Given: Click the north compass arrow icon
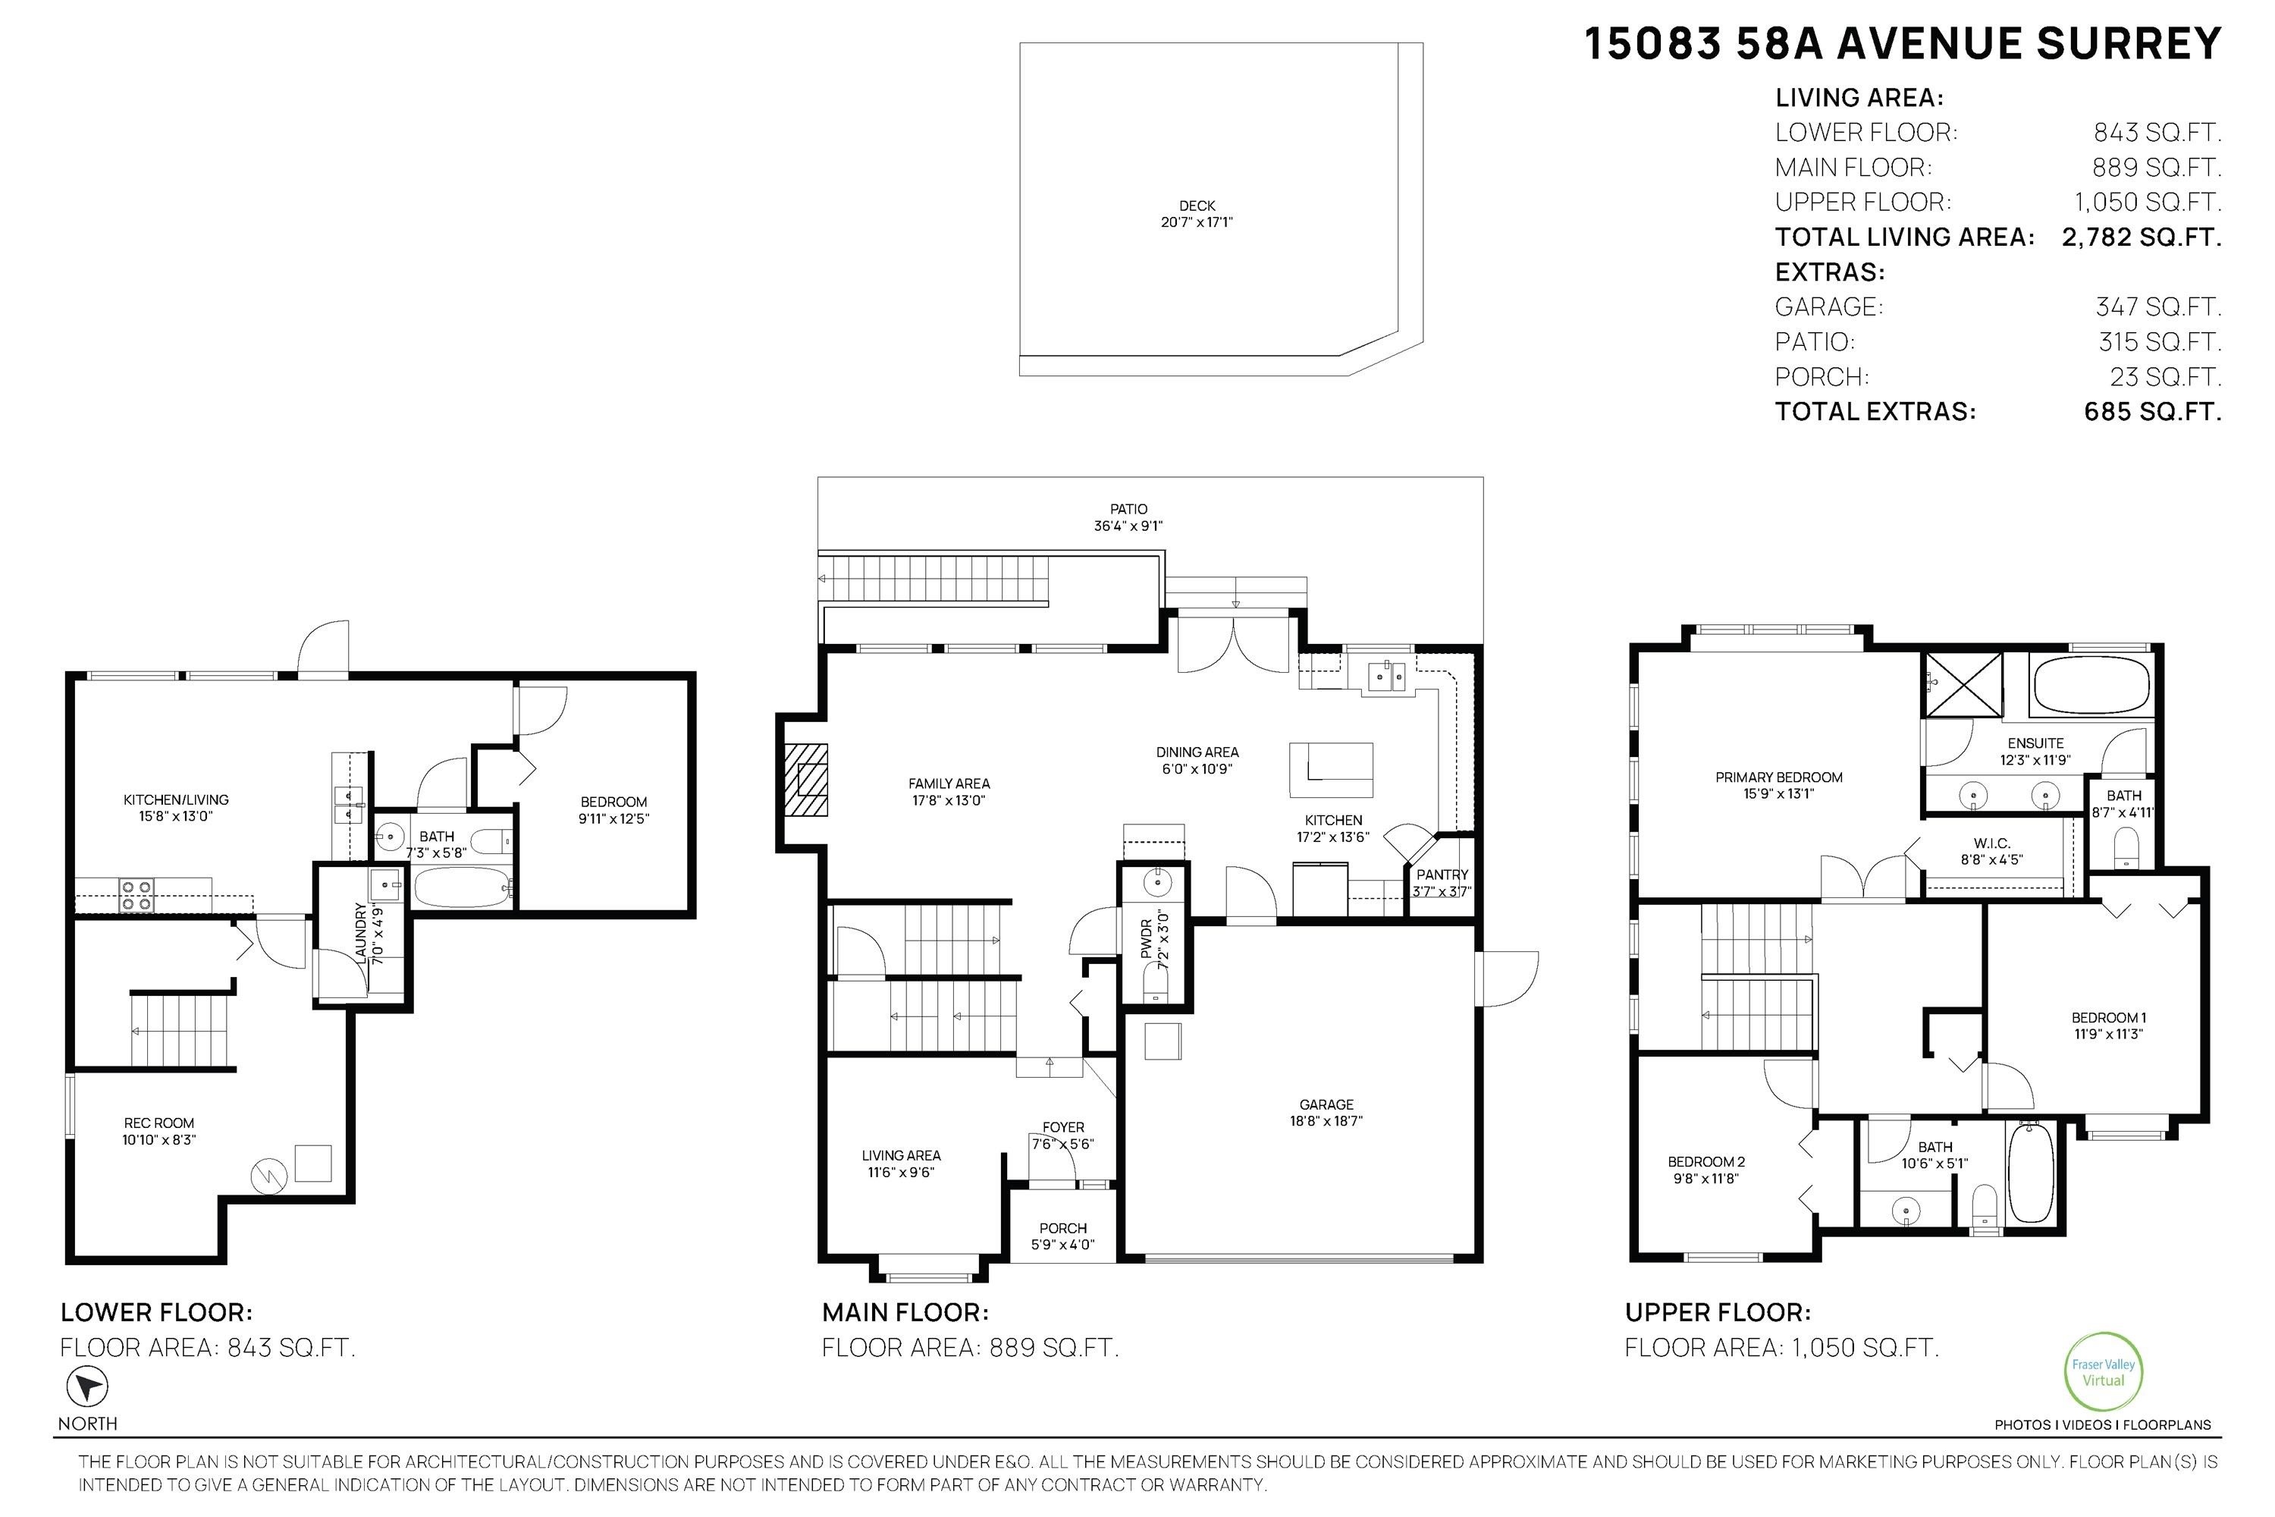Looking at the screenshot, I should pos(87,1387).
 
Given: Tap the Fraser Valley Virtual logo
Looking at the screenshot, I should pos(2103,1372).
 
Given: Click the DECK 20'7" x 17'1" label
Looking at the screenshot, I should pos(1197,214).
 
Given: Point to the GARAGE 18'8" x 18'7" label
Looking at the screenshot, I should pos(1326,1112).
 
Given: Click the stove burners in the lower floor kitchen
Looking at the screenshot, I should pos(136,895).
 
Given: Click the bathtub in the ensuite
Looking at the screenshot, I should pos(2091,685).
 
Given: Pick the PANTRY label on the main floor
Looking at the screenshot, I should pos(1442,875).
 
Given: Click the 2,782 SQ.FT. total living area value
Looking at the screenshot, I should pos(2141,237).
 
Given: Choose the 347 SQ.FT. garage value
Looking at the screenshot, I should pos(2157,306).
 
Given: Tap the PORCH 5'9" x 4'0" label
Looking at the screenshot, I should pos(1063,1236).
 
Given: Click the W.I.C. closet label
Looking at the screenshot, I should pos(1991,850).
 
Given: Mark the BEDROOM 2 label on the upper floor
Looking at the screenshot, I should pos(1705,1170).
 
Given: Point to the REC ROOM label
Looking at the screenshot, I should pos(158,1131).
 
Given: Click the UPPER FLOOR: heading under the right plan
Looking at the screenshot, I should pos(1717,1313).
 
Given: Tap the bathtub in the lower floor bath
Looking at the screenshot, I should pos(460,886).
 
